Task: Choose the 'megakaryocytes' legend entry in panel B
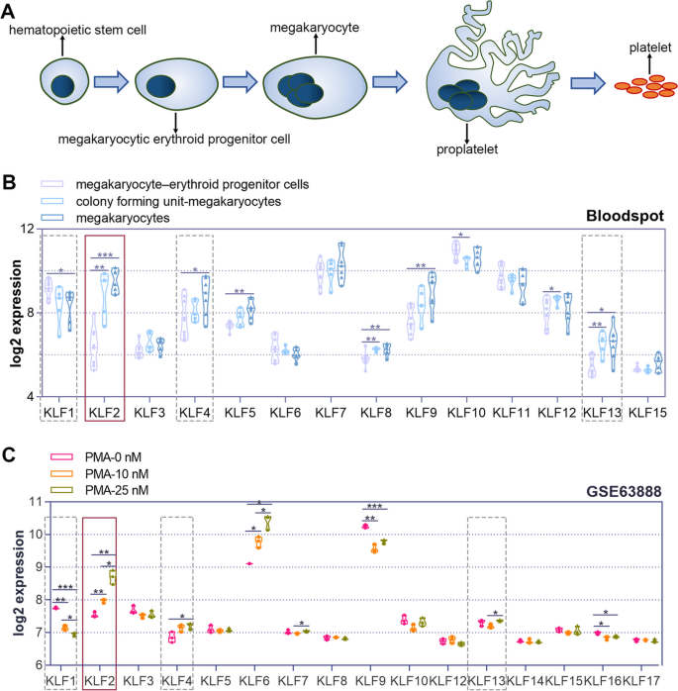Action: [124, 217]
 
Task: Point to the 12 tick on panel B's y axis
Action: [27, 230]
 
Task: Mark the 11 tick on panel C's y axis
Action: [27, 502]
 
